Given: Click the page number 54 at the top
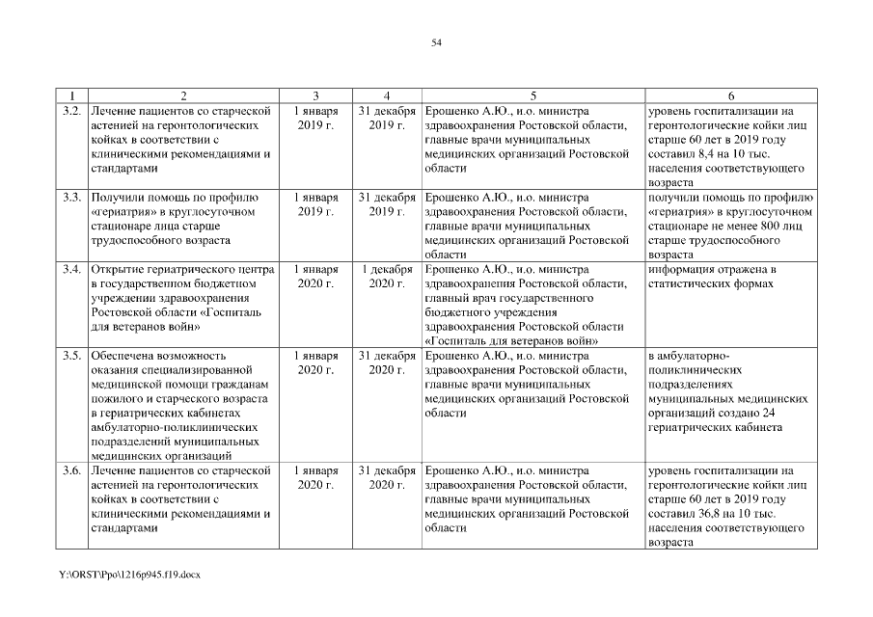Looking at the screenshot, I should [x=436, y=43].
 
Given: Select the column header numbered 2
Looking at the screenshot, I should [x=183, y=95].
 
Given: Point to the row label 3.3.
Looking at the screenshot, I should [x=70, y=198].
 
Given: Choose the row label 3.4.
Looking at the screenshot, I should [x=70, y=269].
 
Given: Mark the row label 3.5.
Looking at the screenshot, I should [x=70, y=356].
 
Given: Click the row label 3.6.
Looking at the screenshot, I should [x=70, y=470].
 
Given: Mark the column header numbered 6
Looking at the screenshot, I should [x=730, y=95].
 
